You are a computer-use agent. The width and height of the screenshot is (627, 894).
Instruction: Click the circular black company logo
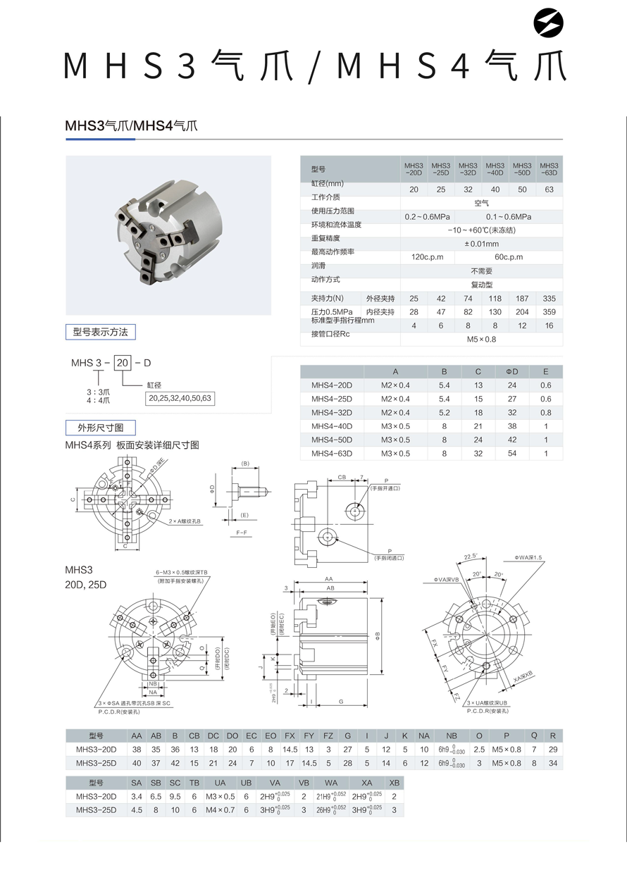point(549,25)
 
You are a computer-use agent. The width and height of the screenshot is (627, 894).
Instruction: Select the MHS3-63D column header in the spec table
point(550,168)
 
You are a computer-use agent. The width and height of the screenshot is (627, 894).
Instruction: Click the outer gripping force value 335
point(550,299)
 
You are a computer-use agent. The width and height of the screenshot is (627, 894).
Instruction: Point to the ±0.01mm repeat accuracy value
point(482,244)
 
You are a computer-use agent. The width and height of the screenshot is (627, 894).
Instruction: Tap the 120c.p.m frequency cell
point(428,257)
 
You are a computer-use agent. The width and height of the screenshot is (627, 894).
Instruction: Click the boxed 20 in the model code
point(123,363)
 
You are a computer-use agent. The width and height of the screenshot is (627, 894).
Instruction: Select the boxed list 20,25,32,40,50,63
point(179,398)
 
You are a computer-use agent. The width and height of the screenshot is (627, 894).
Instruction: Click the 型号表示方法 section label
point(101,332)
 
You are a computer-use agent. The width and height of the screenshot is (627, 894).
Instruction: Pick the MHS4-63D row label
point(332,454)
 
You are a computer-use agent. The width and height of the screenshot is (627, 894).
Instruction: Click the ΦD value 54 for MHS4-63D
point(511,454)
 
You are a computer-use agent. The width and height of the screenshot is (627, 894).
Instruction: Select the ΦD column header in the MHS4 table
point(511,372)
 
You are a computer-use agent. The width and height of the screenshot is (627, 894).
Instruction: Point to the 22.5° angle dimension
point(471,557)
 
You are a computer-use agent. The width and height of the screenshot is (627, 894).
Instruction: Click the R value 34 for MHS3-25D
point(553,763)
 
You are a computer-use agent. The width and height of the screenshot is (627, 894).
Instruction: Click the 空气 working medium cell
point(482,203)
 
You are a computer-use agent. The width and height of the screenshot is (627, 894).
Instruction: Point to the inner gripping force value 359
point(550,311)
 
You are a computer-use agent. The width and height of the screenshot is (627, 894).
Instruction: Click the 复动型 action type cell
point(482,285)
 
